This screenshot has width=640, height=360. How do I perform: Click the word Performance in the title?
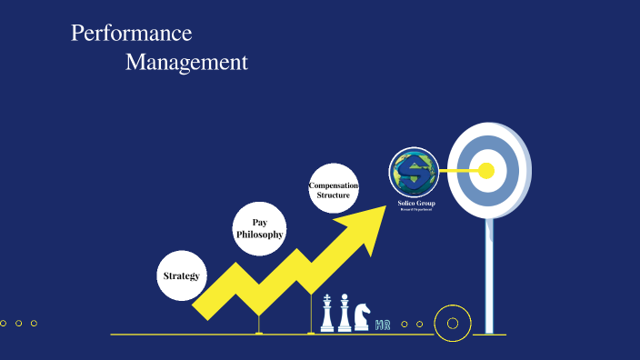(x=132, y=34)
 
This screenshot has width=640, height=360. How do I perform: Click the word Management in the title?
(x=186, y=63)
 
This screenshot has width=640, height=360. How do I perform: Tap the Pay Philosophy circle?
(x=260, y=228)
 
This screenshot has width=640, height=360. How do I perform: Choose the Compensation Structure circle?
(x=334, y=189)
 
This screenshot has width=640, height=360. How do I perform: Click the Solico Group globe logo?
(x=415, y=171)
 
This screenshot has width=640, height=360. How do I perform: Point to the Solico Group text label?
(x=416, y=203)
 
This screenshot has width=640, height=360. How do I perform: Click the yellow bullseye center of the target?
(x=486, y=170)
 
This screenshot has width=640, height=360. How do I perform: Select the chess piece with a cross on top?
(x=327, y=314)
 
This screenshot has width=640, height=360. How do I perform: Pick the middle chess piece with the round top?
(x=345, y=314)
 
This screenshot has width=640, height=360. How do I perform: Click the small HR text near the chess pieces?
(x=383, y=324)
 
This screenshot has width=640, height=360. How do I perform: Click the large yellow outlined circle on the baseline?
(x=452, y=323)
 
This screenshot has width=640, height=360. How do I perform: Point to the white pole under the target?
(x=490, y=273)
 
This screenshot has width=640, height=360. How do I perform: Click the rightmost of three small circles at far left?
(x=34, y=323)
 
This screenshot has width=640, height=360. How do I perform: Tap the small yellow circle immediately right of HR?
(x=405, y=324)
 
